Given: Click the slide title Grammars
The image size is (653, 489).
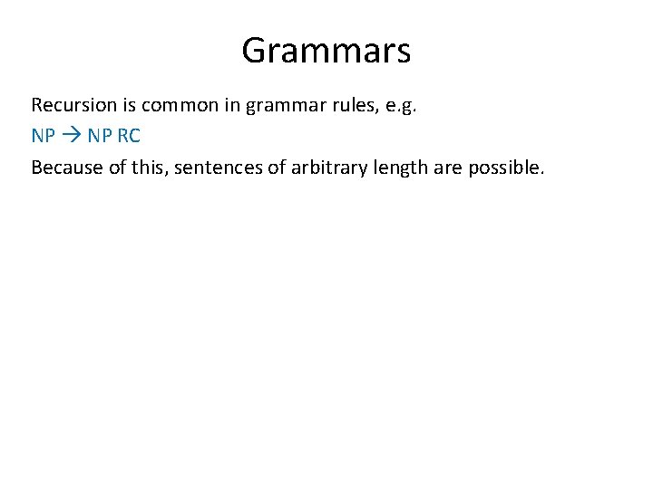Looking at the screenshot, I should [x=326, y=51].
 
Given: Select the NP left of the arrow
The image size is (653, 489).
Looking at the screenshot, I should [x=43, y=136].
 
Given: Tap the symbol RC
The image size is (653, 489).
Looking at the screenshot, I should [x=129, y=136].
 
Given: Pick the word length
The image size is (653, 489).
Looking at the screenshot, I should [x=393, y=168].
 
